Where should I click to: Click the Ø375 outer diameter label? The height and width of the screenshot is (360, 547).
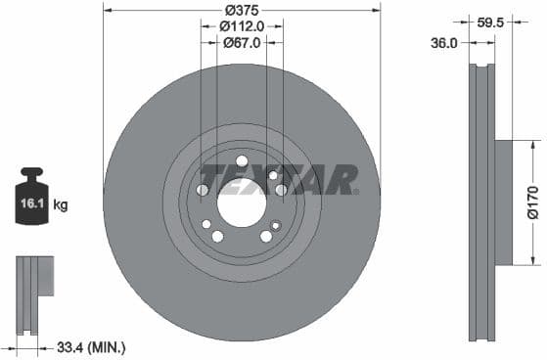coord(242,9)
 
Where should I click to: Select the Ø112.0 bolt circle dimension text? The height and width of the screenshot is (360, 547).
coord(242,25)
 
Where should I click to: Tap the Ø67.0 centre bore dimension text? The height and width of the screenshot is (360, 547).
coord(242,42)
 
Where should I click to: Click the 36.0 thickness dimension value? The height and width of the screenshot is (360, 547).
coord(446,42)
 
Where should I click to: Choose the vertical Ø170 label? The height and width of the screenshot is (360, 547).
coord(532,202)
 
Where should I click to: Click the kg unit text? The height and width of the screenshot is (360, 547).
coord(61,205)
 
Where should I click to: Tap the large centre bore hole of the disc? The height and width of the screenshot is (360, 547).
coord(242,206)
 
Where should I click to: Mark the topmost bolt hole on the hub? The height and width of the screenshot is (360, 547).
coord(242,160)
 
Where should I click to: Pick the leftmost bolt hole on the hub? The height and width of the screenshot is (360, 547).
coord(203,190)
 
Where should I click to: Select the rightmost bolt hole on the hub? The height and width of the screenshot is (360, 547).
coord(281,190)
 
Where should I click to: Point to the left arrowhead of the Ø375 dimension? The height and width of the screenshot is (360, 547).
coord(107,9)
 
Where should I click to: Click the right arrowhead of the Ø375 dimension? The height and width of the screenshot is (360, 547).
coord(377,9)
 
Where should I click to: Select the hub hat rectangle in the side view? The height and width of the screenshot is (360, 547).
coord(503,202)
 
